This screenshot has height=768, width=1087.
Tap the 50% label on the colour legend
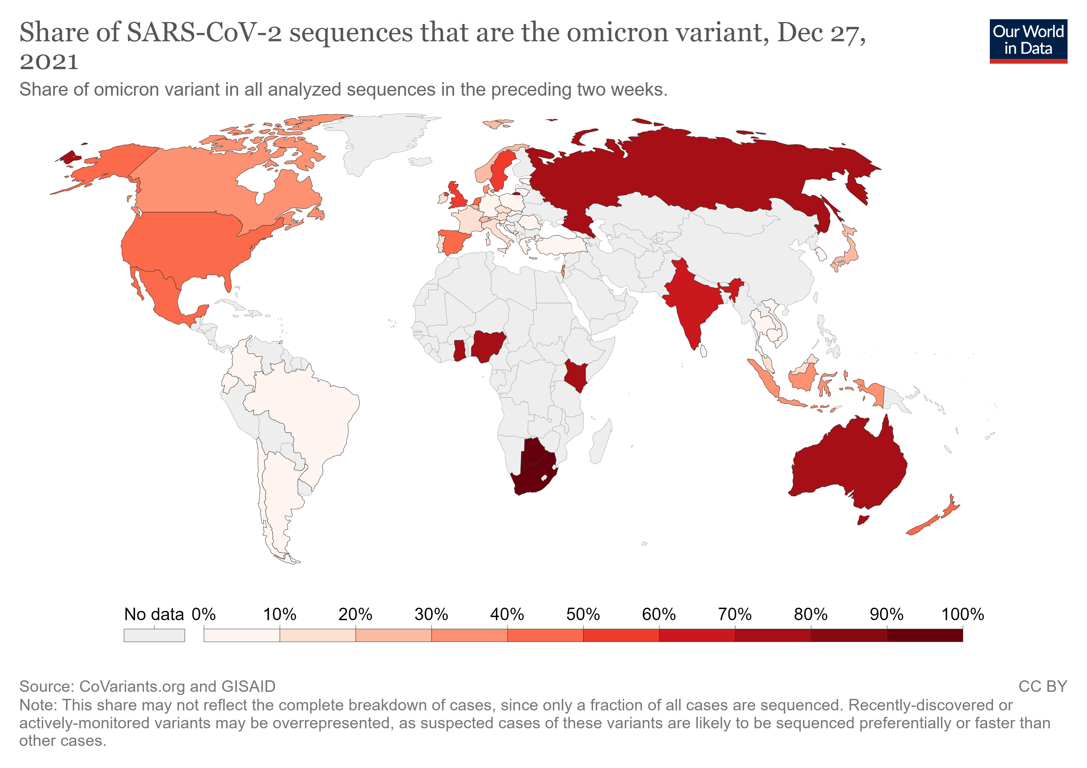coord(583,614)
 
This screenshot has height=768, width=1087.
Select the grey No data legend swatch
coord(154,635)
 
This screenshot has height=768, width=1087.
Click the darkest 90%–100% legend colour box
coord(925,635)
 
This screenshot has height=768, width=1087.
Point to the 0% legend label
coord(204,614)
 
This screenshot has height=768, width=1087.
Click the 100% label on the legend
coord(963,614)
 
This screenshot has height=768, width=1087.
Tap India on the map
coord(689,303)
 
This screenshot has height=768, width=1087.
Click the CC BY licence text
coord(1043,686)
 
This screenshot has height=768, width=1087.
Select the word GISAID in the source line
coord(248,686)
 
